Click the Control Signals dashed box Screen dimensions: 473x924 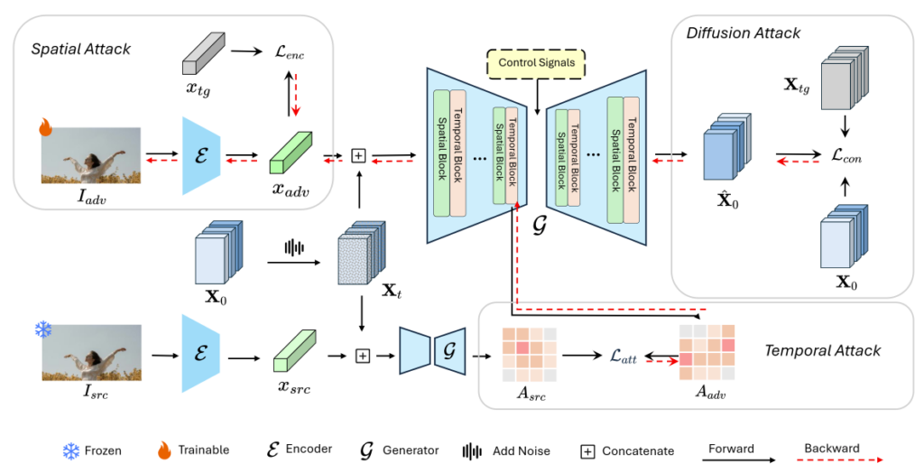pos(536,65)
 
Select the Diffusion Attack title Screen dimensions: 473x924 pos(743,33)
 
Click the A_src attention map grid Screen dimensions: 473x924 pos(529,355)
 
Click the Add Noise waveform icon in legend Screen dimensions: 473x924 pos(470,450)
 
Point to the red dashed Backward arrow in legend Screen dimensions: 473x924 pos(831,460)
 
